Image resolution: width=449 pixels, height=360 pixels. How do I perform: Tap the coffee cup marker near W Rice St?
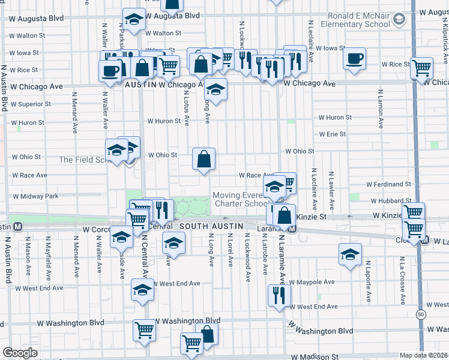[x=354, y=59]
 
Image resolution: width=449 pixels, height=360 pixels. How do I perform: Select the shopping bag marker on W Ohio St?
[x=204, y=160]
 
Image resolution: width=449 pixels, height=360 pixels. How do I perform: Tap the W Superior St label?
[x=30, y=104]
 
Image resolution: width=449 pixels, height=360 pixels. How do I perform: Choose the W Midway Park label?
[x=36, y=196]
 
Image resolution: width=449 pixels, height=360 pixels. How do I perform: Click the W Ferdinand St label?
[x=390, y=184]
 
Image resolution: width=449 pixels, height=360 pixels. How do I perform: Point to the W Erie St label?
[x=333, y=134]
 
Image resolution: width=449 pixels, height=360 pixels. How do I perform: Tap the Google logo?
[x=20, y=353]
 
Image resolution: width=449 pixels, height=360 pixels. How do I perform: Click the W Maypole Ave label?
[x=312, y=282]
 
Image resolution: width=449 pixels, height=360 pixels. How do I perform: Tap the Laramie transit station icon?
[x=292, y=229]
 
